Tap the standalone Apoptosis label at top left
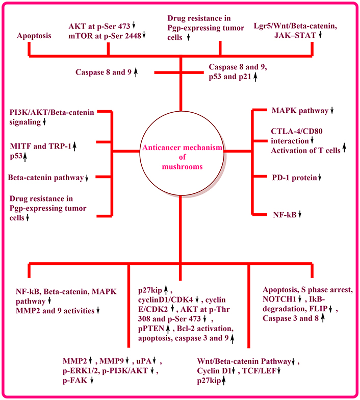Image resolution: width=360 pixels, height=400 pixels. coord(34,36)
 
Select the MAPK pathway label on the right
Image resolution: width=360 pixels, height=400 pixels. coord(300,110)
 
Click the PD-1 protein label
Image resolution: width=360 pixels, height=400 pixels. coord(295,178)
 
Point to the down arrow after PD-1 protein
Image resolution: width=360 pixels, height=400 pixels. coord(320,178)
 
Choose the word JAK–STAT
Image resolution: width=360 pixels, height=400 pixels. coord(295,35)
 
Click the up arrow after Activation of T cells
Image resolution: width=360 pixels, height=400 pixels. coord(344,148)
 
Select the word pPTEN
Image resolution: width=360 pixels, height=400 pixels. coord(151,328)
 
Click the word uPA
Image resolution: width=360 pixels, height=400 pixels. coord(144,361)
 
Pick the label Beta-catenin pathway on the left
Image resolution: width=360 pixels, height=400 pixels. coord(46,178)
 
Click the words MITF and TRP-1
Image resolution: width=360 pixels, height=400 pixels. coord(41,146)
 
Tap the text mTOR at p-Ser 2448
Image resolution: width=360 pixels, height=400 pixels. coord(105,36)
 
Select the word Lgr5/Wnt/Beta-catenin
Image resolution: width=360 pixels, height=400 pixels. coord(295,26)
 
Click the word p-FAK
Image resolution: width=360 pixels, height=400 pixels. coord(75,381)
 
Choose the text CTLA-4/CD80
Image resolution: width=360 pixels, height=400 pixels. coord(297,131)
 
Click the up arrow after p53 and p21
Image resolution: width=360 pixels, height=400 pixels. coord(255,77)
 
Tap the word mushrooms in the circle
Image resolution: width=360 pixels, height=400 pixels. coord(183,166)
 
